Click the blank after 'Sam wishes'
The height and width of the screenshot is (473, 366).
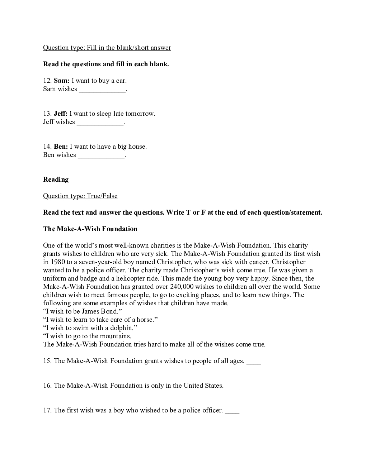[102, 90]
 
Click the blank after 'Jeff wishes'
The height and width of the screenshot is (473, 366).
[100, 123]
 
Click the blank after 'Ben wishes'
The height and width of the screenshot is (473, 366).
[101, 156]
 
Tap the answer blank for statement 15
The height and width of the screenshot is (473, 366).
[253, 362]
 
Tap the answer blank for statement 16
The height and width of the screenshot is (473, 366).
[233, 386]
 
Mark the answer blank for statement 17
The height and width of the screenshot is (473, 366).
[232, 411]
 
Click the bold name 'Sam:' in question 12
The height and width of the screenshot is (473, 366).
[62, 81]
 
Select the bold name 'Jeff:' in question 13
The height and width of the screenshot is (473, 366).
[61, 114]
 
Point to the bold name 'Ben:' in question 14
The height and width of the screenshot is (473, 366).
[61, 147]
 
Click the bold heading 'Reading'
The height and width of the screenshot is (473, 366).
[56, 180]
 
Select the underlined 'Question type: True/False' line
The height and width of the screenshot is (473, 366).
[80, 196]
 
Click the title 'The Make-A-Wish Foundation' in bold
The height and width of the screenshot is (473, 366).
[90, 229]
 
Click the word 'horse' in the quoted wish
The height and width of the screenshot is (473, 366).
[145, 320]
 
